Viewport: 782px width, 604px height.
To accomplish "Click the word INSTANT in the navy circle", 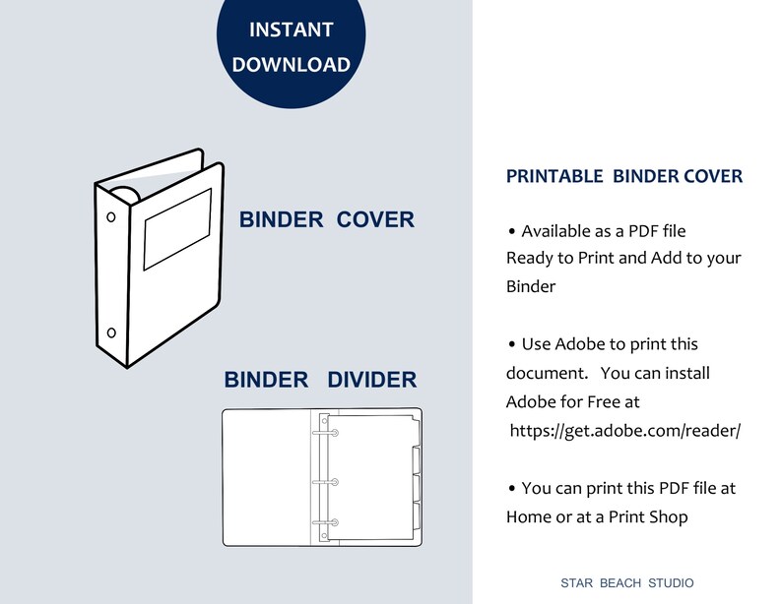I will [x=291, y=30].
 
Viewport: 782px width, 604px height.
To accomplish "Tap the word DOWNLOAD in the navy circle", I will [x=291, y=65].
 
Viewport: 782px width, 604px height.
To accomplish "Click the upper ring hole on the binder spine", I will [x=110, y=216].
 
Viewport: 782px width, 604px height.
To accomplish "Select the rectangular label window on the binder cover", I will [x=177, y=229].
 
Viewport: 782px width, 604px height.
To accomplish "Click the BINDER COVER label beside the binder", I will [x=327, y=219].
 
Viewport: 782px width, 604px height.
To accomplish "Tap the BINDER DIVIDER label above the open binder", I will [x=320, y=380].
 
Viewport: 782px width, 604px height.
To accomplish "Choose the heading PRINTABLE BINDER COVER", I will [x=624, y=177].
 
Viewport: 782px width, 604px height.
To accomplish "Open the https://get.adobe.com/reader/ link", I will [x=624, y=431].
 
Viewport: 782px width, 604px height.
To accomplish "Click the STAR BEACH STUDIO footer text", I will [x=626, y=582].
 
